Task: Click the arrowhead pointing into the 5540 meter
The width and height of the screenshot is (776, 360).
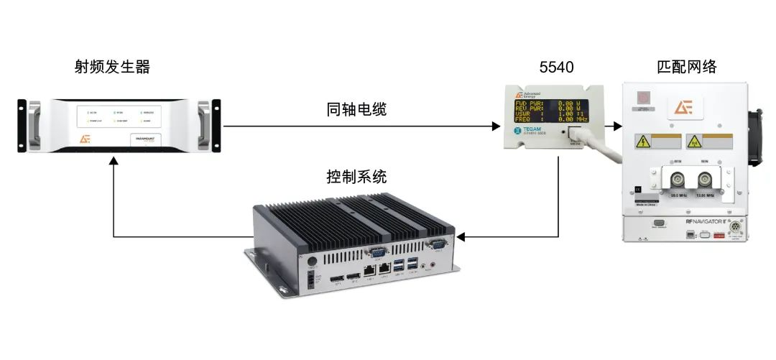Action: point(496,126)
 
